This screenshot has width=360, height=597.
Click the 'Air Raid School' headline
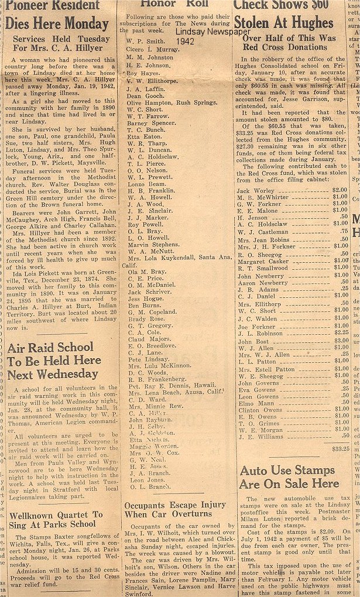coord(53,361)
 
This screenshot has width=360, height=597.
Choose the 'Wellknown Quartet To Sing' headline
coord(56,519)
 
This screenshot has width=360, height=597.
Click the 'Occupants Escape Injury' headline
coord(175,509)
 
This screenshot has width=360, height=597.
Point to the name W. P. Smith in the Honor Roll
coord(146,42)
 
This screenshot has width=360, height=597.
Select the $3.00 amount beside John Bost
coord(341,341)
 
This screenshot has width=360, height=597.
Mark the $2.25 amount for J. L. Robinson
coord(341,333)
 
